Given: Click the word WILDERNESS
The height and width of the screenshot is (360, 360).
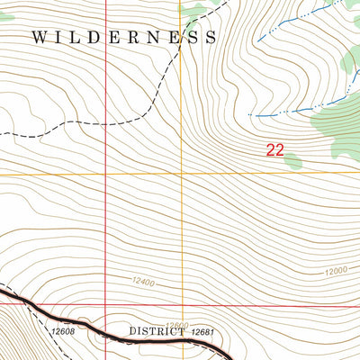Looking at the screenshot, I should click(123, 38).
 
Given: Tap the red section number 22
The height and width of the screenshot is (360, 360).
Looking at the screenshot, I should click(274, 150).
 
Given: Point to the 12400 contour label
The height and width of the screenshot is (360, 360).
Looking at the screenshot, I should click(142, 283).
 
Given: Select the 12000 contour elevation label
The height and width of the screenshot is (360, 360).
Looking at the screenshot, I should click(336, 271).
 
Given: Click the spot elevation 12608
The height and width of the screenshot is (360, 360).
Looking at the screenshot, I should click(62, 331).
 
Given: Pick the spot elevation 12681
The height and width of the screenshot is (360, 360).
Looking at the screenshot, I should click(205, 331).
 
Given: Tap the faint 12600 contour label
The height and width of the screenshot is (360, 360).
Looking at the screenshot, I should click(177, 325).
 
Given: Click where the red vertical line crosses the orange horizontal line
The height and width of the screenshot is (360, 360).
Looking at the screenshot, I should click(106, 173).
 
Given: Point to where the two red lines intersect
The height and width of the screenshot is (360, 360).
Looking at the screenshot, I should click(106, 304).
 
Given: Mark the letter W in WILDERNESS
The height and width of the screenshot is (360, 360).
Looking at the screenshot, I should click(39, 38).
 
